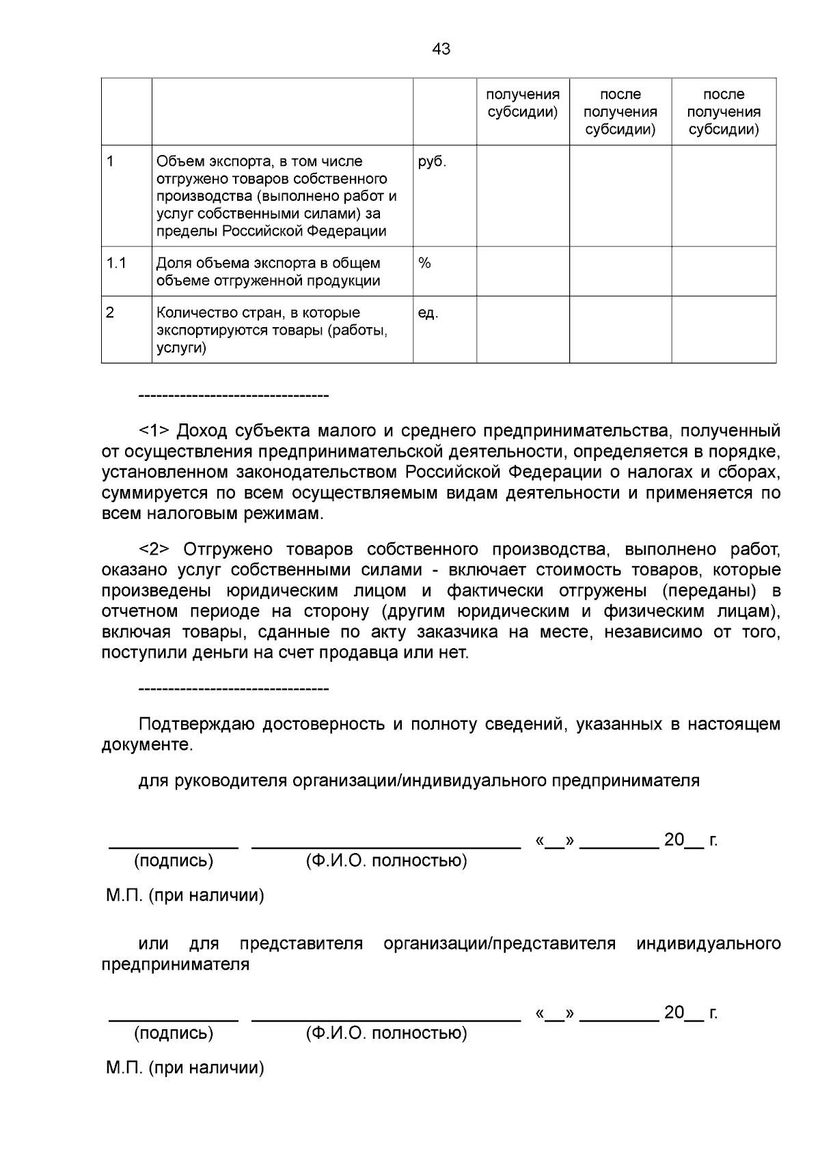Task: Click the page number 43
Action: pyautogui.click(x=441, y=49)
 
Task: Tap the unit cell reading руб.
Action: pyautogui.click(x=431, y=162)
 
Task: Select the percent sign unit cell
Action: pyautogui.click(x=424, y=263)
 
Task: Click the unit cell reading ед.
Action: pyautogui.click(x=428, y=313)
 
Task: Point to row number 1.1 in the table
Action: pyautogui.click(x=116, y=263)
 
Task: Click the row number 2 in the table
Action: pyautogui.click(x=110, y=313)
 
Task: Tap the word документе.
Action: pyautogui.click(x=147, y=745)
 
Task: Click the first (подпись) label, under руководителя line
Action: pyautogui.click(x=174, y=861)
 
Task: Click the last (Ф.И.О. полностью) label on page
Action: pyautogui.click(x=386, y=1033)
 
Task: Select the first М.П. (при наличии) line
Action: pyautogui.click(x=184, y=895)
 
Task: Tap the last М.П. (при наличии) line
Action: pyautogui.click(x=184, y=1067)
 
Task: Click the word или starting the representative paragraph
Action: pyautogui.click(x=153, y=944)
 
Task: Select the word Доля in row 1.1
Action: pyautogui.click(x=173, y=263)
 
